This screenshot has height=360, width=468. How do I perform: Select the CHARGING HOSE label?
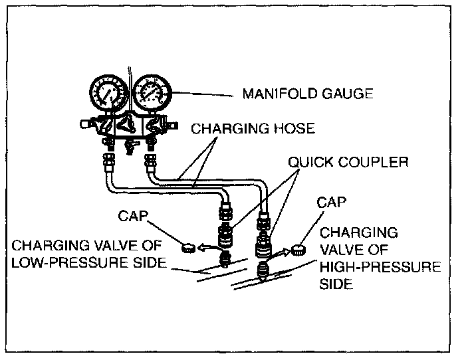(253, 129)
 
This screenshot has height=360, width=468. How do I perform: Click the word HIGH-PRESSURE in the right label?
(380, 267)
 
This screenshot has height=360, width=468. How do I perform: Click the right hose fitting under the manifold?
(149, 161)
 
